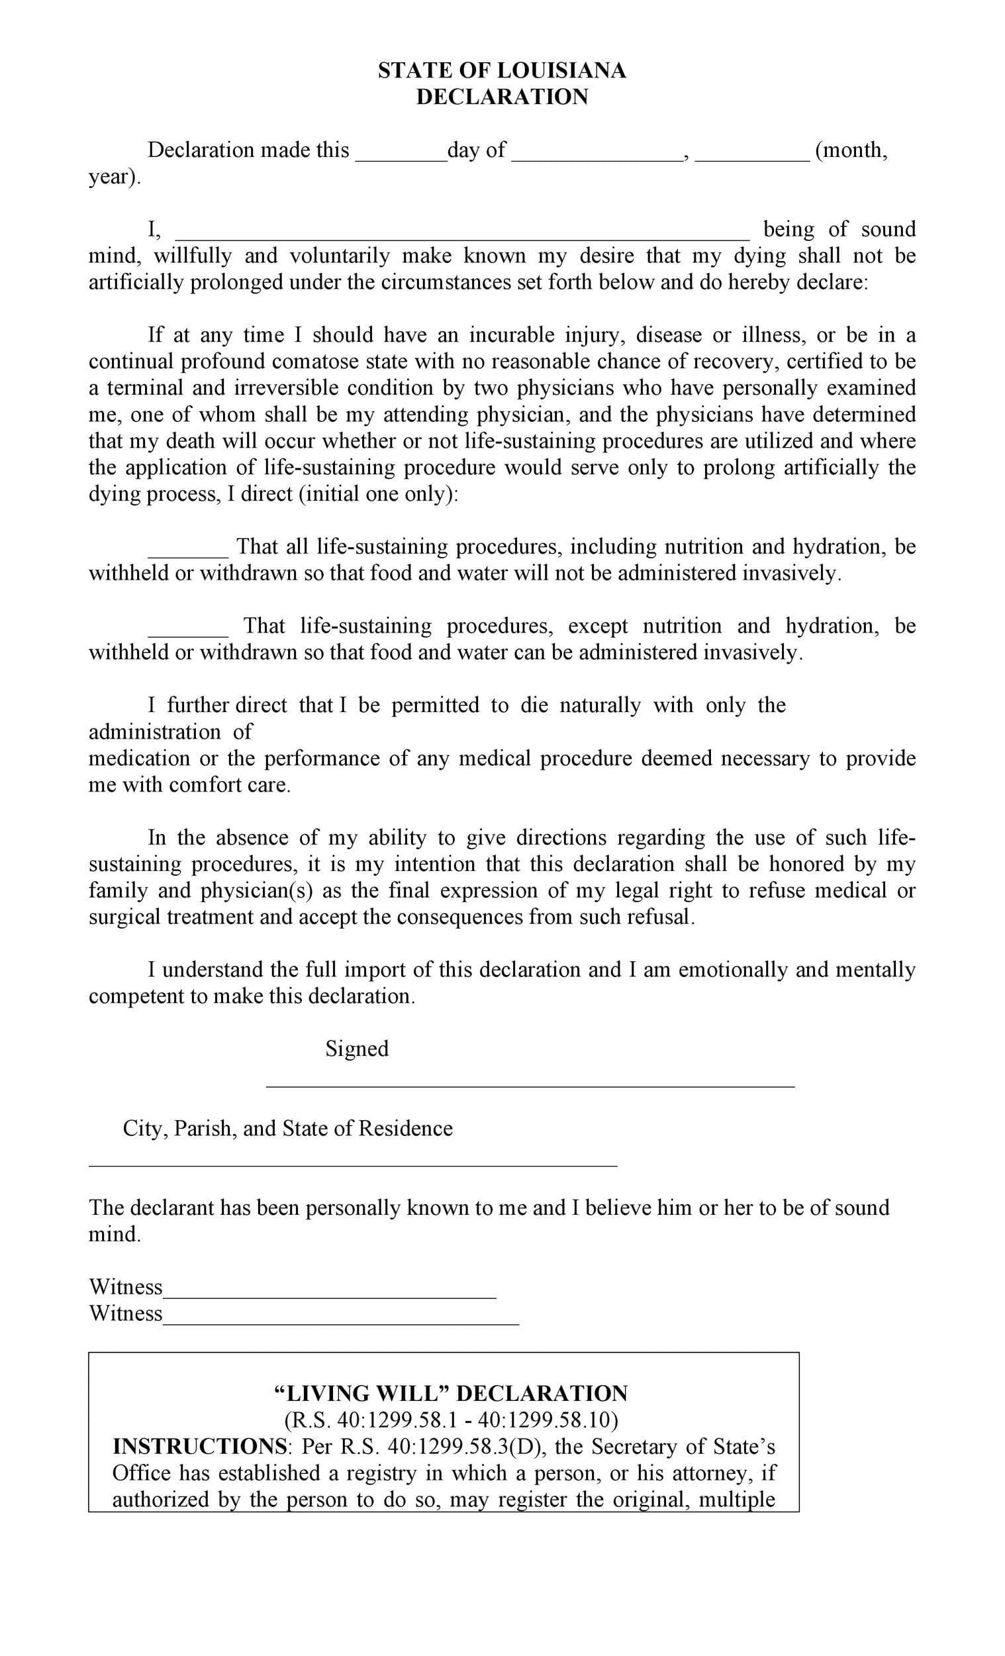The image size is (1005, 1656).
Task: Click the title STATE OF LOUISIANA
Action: click(502, 71)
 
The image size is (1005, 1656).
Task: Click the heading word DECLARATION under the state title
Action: click(502, 97)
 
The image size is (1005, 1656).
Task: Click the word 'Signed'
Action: click(357, 1049)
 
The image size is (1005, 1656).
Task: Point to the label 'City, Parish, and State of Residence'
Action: click(287, 1129)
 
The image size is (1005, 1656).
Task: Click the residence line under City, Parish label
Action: click(353, 1164)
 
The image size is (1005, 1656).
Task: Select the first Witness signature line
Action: click(329, 1296)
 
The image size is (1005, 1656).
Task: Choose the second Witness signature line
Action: click(340, 1323)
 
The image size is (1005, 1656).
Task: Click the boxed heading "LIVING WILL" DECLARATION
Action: click(452, 1394)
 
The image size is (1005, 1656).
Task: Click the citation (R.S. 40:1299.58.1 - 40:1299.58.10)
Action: click(452, 1420)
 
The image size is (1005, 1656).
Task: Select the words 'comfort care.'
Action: click(230, 785)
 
